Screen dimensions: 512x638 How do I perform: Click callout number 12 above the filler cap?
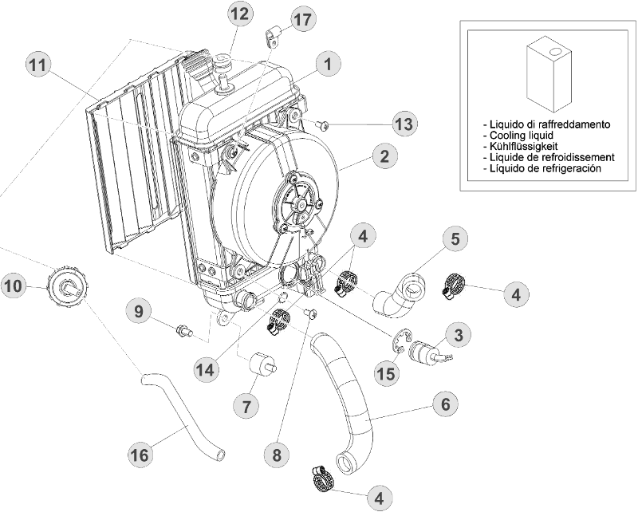click(x=238, y=14)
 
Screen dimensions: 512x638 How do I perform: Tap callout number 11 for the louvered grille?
click(x=37, y=65)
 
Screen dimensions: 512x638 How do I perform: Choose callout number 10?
click(x=14, y=285)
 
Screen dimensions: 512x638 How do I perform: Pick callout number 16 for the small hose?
click(x=140, y=455)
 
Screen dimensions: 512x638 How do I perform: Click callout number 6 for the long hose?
click(x=446, y=404)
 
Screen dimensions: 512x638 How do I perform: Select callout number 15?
click(x=388, y=372)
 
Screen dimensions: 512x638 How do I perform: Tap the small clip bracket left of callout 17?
click(x=271, y=35)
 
